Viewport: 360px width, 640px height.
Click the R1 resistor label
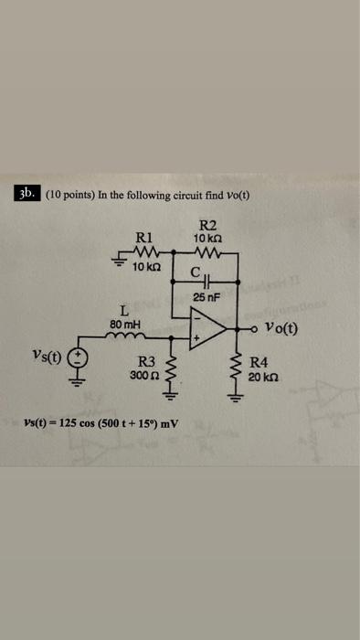click(143, 234)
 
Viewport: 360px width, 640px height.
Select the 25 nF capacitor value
click(206, 296)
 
